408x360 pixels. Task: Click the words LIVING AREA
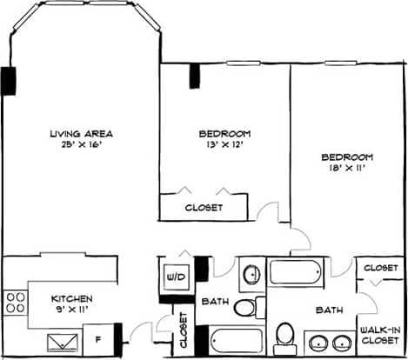[82, 133]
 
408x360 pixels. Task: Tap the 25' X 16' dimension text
[82, 144]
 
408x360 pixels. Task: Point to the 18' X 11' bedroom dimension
[347, 169]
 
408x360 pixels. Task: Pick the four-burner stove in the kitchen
[16, 302]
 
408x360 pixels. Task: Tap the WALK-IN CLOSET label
[381, 336]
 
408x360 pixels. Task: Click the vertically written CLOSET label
[184, 332]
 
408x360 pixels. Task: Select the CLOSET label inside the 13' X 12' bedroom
[204, 208]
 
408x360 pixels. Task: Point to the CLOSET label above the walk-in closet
[381, 268]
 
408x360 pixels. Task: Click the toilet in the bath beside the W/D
[248, 306]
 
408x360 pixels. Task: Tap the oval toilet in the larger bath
[284, 334]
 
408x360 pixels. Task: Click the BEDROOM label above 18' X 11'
[347, 157]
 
